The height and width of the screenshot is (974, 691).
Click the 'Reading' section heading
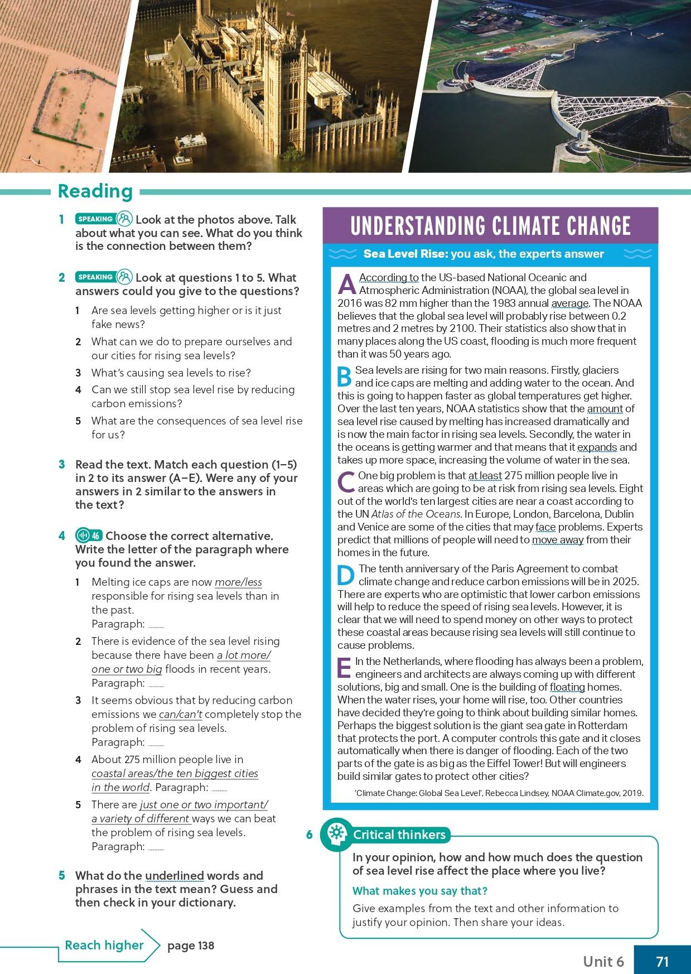[95, 191]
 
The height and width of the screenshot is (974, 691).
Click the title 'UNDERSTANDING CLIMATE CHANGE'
[490, 226]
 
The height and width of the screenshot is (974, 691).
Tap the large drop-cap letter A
[347, 284]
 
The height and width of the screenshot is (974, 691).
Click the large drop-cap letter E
[345, 668]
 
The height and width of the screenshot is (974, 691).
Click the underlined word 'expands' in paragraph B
[597, 447]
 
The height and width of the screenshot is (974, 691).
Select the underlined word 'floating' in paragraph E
[567, 687]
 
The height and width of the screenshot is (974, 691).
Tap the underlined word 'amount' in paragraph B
[605, 409]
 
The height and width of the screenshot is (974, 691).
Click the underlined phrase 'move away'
[557, 540]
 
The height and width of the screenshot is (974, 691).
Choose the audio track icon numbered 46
[89, 536]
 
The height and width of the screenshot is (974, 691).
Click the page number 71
[662, 961]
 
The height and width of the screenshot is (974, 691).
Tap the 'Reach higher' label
[104, 945]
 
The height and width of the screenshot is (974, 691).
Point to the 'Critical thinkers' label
[399, 835]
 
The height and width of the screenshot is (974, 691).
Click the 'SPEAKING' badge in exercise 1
[95, 219]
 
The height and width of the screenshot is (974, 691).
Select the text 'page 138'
[191, 946]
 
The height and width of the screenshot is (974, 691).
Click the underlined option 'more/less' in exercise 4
[238, 582]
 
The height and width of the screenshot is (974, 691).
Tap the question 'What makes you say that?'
[420, 891]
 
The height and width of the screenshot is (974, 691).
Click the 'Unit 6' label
[603, 961]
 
